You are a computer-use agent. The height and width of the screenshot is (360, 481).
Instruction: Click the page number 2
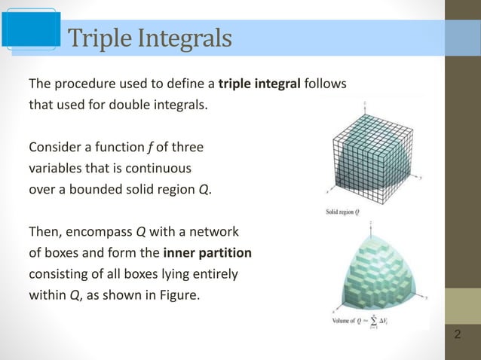pos(458,333)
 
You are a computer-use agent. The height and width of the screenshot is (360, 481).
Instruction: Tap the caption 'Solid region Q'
pos(341,212)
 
